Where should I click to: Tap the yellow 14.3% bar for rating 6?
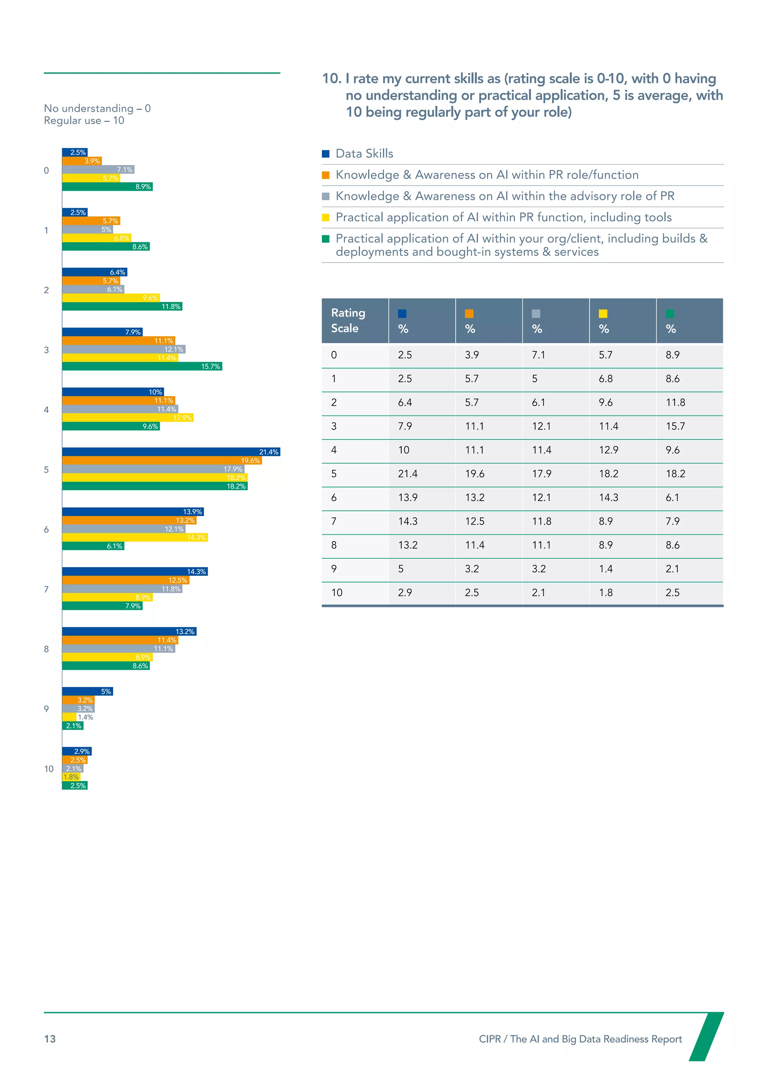pos(135,537)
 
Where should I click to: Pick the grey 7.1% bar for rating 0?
pos(98,169)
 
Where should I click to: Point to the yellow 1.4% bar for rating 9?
pos(69,717)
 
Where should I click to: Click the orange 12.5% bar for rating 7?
pos(125,580)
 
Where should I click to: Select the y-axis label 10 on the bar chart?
pos(49,769)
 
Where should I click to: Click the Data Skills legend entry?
pos(364,154)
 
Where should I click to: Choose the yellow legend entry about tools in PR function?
pos(503,217)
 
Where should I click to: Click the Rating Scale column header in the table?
pos(348,321)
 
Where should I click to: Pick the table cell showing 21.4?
pos(408,474)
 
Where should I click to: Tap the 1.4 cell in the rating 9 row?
pos(606,569)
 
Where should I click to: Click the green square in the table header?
pos(670,313)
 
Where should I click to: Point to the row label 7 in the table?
pos(334,521)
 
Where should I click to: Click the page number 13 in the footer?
pos(49,1039)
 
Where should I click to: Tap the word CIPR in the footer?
pos(489,1039)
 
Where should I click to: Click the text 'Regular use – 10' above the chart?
pos(84,121)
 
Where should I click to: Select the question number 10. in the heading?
pos(331,78)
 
